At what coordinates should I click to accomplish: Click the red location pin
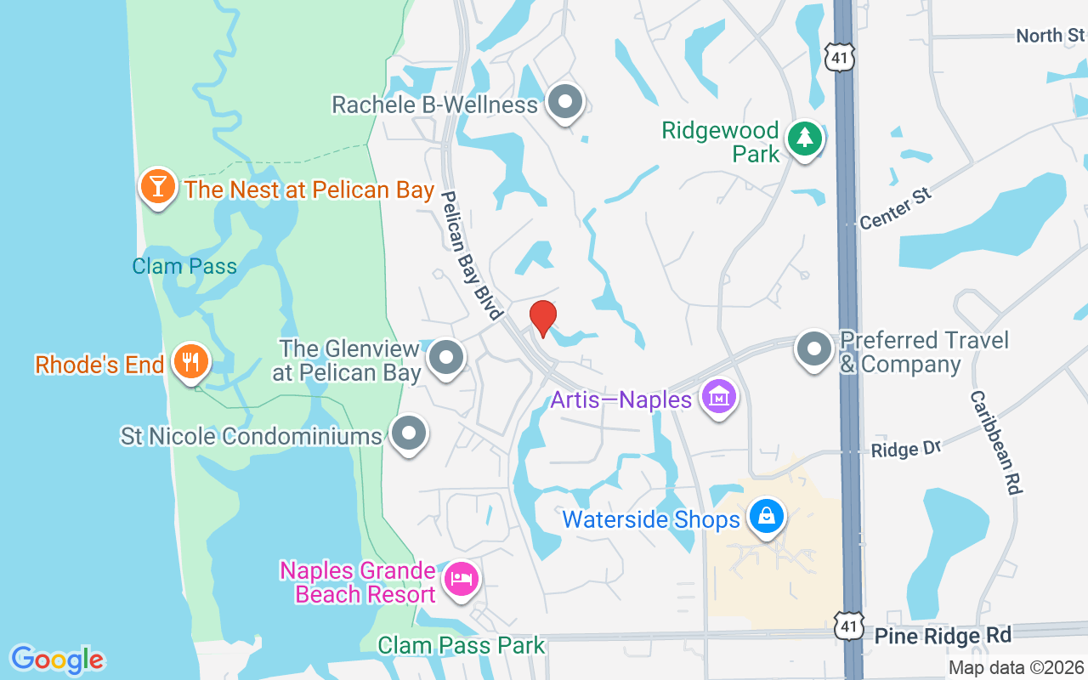coord(543,318)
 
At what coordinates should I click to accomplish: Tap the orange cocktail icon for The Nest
coord(158,186)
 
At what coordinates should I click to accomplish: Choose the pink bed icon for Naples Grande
coord(462,581)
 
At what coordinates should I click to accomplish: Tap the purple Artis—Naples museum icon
coord(719,397)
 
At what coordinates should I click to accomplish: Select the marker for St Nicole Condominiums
coord(409,433)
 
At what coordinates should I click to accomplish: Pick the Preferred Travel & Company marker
coord(814,349)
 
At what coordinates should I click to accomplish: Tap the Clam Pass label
coord(184,266)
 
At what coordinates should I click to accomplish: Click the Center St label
coord(896,208)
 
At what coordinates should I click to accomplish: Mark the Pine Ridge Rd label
coord(943,635)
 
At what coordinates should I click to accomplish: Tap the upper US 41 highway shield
coord(838,57)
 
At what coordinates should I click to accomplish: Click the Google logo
coord(57,659)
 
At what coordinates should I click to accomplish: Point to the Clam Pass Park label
coord(461,645)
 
